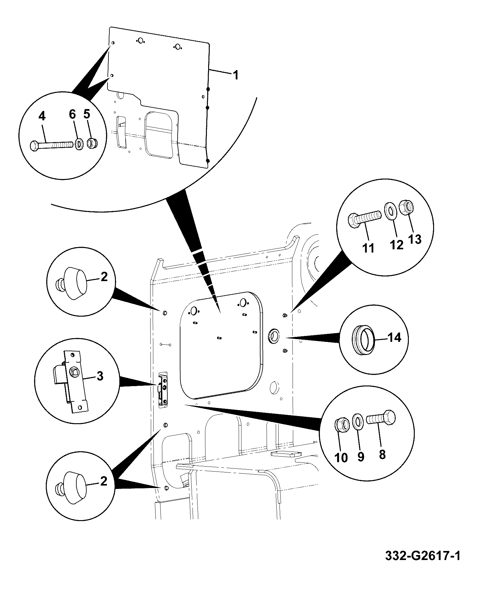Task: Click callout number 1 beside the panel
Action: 236,75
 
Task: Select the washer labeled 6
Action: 79,145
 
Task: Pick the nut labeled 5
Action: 92,144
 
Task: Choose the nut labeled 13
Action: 407,206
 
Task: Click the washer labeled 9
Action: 358,422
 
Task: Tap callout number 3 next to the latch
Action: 100,376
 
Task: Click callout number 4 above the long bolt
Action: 42,116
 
